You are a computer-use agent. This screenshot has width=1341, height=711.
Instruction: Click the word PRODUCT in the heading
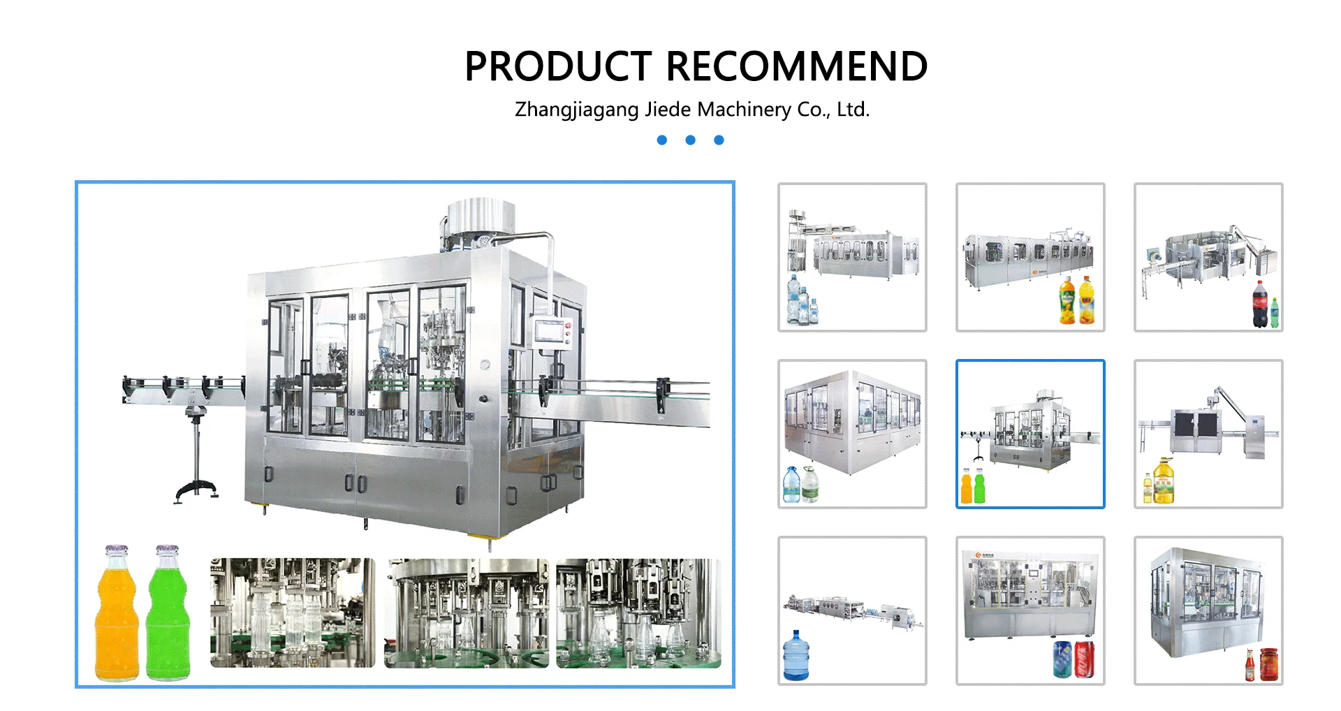click(x=557, y=67)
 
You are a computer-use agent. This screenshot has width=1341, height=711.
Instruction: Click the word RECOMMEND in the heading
click(x=796, y=67)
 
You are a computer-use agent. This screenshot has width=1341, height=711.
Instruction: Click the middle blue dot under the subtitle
click(x=690, y=140)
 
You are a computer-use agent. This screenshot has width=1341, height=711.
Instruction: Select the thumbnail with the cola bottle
click(x=1208, y=257)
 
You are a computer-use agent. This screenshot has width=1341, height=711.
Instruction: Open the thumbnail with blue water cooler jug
click(x=852, y=610)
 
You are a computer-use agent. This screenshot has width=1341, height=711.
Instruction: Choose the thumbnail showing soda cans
click(x=1030, y=610)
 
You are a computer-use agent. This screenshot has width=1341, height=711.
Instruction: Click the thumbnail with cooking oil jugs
click(x=1208, y=434)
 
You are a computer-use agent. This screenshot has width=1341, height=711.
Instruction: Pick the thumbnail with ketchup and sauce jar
click(x=1208, y=610)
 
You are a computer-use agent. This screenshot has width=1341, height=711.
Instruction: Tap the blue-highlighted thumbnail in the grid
click(x=1030, y=434)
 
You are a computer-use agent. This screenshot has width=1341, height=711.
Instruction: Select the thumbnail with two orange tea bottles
click(x=1030, y=257)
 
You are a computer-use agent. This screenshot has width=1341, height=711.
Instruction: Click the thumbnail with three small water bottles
click(x=852, y=257)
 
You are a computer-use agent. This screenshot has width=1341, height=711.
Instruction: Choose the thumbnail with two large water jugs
click(x=852, y=434)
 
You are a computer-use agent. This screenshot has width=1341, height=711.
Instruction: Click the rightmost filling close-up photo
click(x=638, y=613)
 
